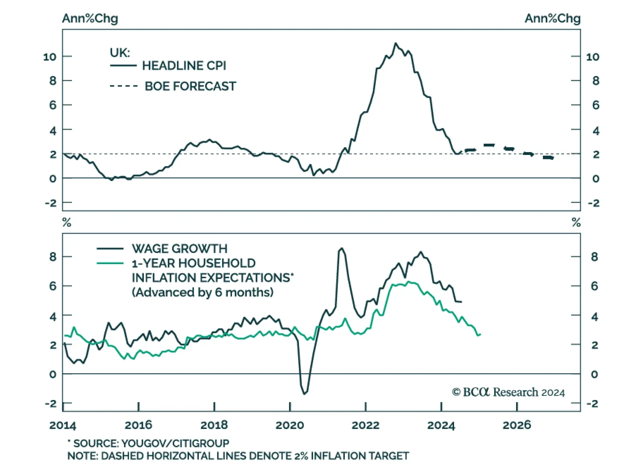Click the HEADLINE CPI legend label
[184, 65]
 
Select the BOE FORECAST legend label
[190, 86]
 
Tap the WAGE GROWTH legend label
[179, 249]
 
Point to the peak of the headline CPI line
[395, 43]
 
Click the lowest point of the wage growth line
[304, 394]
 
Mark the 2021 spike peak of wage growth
[342, 248]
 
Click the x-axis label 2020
[290, 425]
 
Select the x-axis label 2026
[517, 425]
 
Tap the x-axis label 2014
[63, 425]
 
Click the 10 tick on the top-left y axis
[50, 57]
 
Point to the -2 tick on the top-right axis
[594, 203]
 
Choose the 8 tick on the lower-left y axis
[53, 257]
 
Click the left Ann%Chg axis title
[90, 18]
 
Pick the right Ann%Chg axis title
[552, 18]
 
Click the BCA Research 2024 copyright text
[508, 392]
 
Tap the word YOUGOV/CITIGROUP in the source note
[175, 443]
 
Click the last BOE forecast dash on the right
[548, 158]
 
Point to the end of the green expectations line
[480, 334]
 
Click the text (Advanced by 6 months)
[203, 292]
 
